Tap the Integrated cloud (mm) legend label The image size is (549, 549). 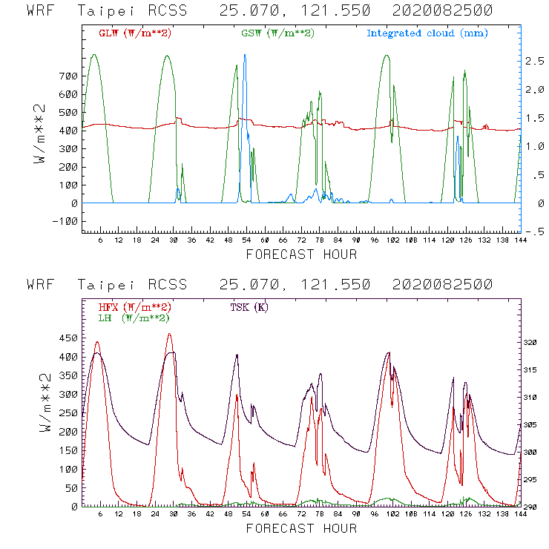coord(427,33)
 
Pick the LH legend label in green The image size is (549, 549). coord(133,318)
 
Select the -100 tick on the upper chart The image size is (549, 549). coord(65,221)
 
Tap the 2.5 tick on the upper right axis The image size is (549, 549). coord(533,61)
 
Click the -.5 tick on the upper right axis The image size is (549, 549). coord(533,232)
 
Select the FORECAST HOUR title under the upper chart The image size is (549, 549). coord(301,254)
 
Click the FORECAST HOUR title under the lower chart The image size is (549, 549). coord(301,528)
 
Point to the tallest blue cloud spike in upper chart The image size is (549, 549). coord(245,56)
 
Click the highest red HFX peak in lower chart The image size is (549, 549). coord(170,335)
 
